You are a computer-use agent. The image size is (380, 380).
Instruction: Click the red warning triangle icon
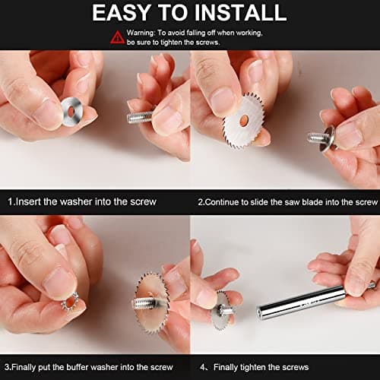(x=117, y=37)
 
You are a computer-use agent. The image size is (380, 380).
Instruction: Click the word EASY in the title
(x=121, y=12)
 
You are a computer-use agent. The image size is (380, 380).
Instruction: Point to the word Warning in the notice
(x=141, y=33)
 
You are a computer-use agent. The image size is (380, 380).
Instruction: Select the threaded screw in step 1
(x=140, y=117)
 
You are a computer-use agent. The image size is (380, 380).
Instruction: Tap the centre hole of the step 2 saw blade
(x=244, y=120)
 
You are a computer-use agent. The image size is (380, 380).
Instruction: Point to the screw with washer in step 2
(x=322, y=138)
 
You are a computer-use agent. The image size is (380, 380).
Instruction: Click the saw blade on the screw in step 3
(x=152, y=302)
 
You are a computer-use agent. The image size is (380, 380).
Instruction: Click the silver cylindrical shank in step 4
(x=302, y=302)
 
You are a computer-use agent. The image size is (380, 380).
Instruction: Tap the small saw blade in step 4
(x=220, y=309)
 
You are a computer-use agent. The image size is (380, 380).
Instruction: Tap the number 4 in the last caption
(x=202, y=367)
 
